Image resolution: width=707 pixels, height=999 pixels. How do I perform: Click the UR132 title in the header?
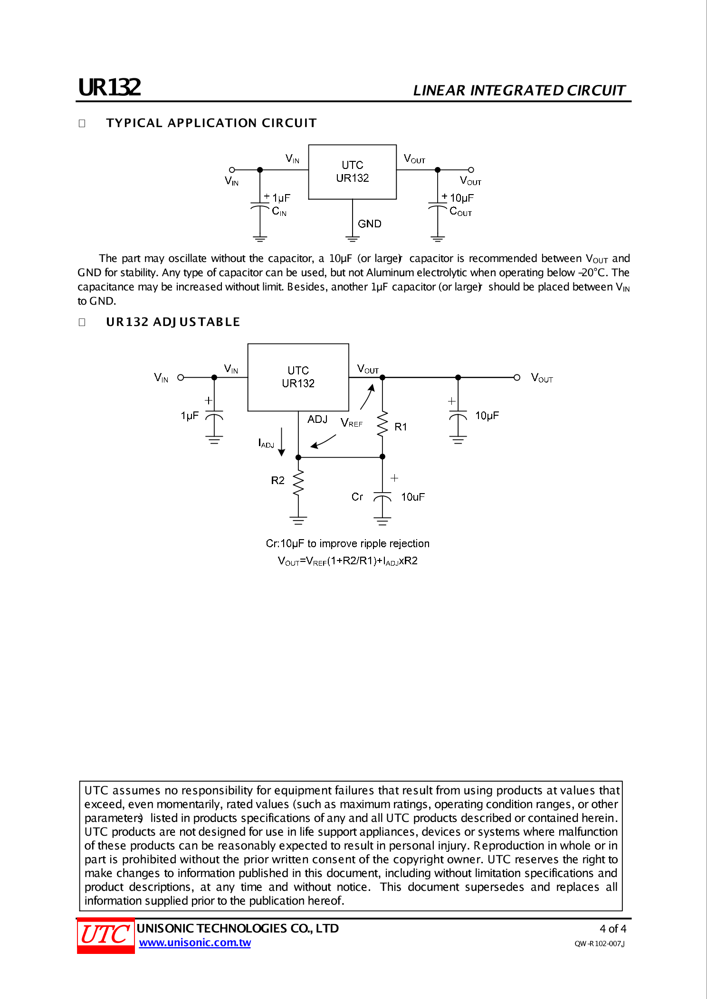coord(109,87)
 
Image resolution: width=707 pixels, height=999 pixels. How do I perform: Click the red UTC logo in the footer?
coord(105,935)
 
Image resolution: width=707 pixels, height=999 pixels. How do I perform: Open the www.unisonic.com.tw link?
coord(195,943)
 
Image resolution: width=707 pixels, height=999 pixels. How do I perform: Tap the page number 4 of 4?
coord(612,928)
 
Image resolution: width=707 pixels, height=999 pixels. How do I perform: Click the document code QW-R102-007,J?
coord(599,943)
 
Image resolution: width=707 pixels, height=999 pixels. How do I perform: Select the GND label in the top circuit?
coord(369,224)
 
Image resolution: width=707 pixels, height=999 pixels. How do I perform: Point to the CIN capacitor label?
coord(279,211)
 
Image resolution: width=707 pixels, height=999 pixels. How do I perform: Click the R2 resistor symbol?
coord(298,483)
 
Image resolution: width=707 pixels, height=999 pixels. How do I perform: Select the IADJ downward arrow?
coord(282,441)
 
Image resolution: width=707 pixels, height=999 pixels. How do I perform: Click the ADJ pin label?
coord(317,419)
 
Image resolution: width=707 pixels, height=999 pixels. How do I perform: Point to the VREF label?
coord(352,422)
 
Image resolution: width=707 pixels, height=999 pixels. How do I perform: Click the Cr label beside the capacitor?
coord(357,496)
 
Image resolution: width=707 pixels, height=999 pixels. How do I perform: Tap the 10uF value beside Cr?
coord(412,497)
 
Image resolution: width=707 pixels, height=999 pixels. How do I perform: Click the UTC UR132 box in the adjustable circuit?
coord(298,377)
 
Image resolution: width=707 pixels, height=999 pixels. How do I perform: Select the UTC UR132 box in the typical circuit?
coord(352,171)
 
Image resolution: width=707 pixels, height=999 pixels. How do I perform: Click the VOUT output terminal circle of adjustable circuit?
coord(517,377)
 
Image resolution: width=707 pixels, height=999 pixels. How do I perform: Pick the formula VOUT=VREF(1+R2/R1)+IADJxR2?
coord(347,560)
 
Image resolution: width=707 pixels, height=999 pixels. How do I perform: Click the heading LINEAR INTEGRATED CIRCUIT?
coord(519,90)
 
